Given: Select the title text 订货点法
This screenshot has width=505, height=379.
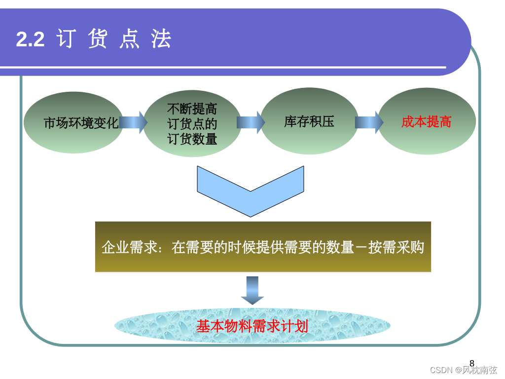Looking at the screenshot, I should click(x=114, y=39).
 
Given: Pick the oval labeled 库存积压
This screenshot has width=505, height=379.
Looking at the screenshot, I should click(x=309, y=121).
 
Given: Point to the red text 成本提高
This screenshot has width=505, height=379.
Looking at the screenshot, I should click(x=426, y=122).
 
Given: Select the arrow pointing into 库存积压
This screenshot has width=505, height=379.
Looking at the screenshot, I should click(x=250, y=122).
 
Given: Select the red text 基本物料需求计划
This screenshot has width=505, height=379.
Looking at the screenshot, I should click(x=252, y=326).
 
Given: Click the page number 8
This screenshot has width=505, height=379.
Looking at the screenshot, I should click(x=472, y=363).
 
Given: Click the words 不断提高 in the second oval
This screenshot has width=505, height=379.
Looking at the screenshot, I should click(x=192, y=108).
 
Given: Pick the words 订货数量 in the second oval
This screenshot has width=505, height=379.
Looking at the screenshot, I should click(x=192, y=139).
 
